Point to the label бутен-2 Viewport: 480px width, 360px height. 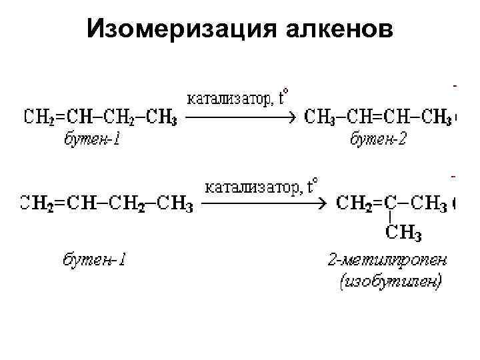pos(379,139)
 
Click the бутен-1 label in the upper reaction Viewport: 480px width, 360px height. pos(92,139)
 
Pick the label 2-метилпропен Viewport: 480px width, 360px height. pos(387,259)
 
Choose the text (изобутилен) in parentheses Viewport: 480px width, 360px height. pos(389,282)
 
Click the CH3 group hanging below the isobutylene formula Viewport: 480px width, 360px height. pos(404,233)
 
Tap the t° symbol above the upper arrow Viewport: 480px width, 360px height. pos(285,98)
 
